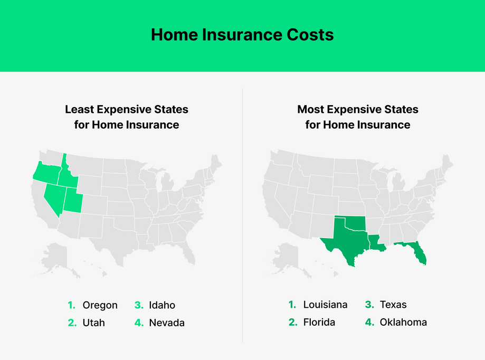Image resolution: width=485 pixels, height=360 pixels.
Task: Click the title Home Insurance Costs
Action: click(242, 35)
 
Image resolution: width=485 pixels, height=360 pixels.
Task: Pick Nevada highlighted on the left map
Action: click(53, 198)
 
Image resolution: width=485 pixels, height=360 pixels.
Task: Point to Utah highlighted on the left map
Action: click(73, 201)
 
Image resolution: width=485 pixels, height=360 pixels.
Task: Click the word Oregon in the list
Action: click(100, 305)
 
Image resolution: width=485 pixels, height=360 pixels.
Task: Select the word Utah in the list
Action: click(93, 323)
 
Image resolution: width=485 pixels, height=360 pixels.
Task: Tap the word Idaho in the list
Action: click(161, 305)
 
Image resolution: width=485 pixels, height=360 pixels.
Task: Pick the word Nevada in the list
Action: click(166, 323)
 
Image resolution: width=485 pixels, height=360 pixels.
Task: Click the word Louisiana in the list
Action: click(325, 305)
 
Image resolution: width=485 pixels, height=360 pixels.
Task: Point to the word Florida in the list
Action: click(319, 322)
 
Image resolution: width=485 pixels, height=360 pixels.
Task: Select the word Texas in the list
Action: click(393, 305)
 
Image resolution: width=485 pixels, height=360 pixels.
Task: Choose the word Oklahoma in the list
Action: click(403, 322)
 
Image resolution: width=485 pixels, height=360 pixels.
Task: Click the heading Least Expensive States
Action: click(127, 109)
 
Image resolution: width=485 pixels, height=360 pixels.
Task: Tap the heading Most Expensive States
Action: click(357, 109)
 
